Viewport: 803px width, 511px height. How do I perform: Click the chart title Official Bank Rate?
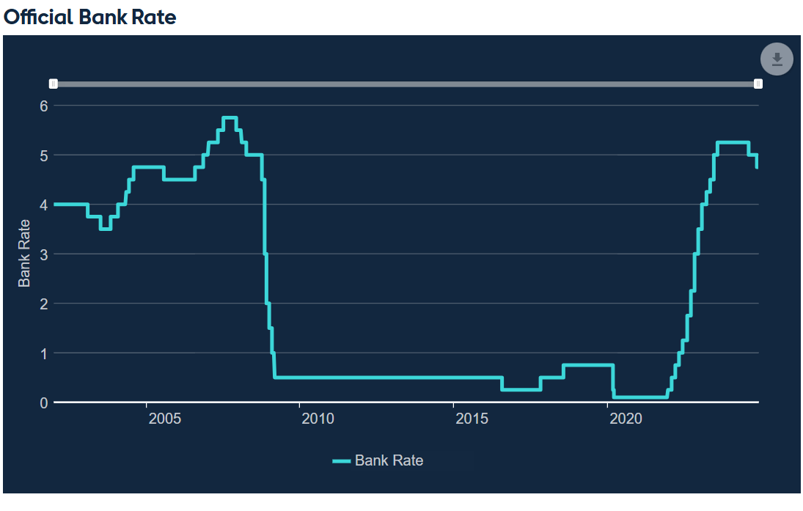click(x=90, y=17)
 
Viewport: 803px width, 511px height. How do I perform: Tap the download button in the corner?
click(x=777, y=59)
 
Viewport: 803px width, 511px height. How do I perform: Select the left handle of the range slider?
click(x=54, y=84)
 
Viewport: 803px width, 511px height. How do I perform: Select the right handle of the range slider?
click(x=758, y=84)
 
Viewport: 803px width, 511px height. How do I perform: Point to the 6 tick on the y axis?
click(x=43, y=106)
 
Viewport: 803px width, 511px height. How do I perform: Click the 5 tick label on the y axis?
click(x=43, y=155)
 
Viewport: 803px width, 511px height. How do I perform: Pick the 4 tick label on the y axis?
click(x=43, y=205)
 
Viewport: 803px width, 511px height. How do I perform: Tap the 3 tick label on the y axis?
click(x=43, y=254)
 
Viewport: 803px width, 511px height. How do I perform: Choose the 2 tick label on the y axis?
click(x=43, y=304)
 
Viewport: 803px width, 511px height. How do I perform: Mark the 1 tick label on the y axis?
click(x=43, y=353)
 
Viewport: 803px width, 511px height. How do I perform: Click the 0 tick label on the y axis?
click(x=43, y=402)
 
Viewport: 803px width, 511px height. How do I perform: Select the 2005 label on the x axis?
click(x=164, y=419)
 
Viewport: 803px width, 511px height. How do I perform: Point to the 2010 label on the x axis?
click(x=318, y=419)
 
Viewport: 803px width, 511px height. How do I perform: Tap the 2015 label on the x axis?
click(x=472, y=419)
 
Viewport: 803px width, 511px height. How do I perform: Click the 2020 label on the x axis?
click(x=626, y=419)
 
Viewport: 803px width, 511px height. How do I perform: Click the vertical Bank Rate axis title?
click(x=25, y=254)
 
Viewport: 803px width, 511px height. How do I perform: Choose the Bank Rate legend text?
click(x=389, y=460)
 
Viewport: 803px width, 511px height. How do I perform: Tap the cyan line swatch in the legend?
click(x=341, y=461)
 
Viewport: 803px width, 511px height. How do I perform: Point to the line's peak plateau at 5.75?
click(x=229, y=118)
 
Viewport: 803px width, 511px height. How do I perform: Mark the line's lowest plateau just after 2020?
click(x=639, y=397)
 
